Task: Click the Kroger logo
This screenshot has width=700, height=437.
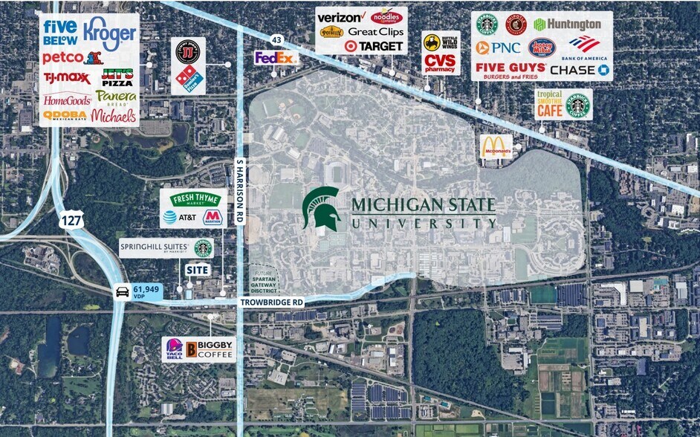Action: [x=110, y=33]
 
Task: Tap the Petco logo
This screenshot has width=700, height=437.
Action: [x=62, y=57]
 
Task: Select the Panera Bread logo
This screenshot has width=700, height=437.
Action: [x=116, y=97]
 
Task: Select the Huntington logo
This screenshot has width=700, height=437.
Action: [x=567, y=25]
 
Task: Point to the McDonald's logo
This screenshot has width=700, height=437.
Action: [x=497, y=146]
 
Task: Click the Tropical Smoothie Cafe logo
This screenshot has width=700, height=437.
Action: [x=549, y=106]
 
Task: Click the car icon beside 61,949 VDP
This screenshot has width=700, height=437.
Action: [x=121, y=292]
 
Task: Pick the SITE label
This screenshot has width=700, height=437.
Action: [x=197, y=270]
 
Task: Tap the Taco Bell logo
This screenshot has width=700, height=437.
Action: [x=174, y=349]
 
